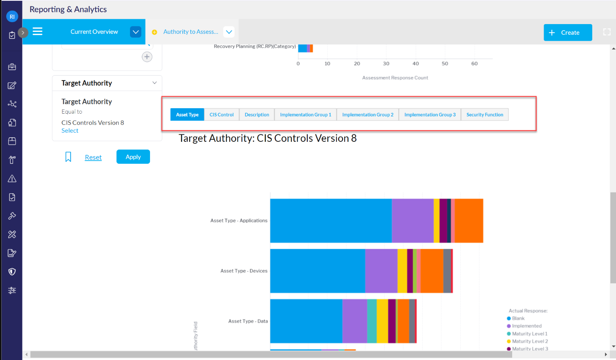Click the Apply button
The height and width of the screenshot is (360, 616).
pos(133,157)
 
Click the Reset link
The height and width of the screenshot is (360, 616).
pos(93,157)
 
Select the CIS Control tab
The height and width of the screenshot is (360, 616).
pos(222,115)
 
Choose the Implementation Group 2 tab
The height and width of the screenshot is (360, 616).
pos(367,115)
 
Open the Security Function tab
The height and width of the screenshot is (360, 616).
pos(484,115)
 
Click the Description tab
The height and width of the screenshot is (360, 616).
pos(257,115)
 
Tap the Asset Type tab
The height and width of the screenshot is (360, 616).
pos(187,115)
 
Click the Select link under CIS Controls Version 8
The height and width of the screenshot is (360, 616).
pos(70,131)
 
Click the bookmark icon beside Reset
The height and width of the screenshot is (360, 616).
pos(68,157)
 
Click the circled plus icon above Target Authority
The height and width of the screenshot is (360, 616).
pos(147,57)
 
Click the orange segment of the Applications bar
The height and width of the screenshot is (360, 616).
pos(469,221)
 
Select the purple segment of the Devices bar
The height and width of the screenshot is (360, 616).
pos(381,271)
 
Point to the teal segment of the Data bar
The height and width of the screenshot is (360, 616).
pos(372,321)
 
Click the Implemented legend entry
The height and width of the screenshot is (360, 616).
pos(526,326)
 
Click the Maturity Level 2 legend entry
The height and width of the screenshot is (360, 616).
pos(530,341)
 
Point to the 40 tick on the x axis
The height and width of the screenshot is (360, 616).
pos(415,64)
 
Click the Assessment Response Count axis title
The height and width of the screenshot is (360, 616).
pos(395,78)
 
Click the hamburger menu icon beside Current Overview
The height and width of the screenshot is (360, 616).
pos(38,31)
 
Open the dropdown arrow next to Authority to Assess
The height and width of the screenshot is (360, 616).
pos(229,32)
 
